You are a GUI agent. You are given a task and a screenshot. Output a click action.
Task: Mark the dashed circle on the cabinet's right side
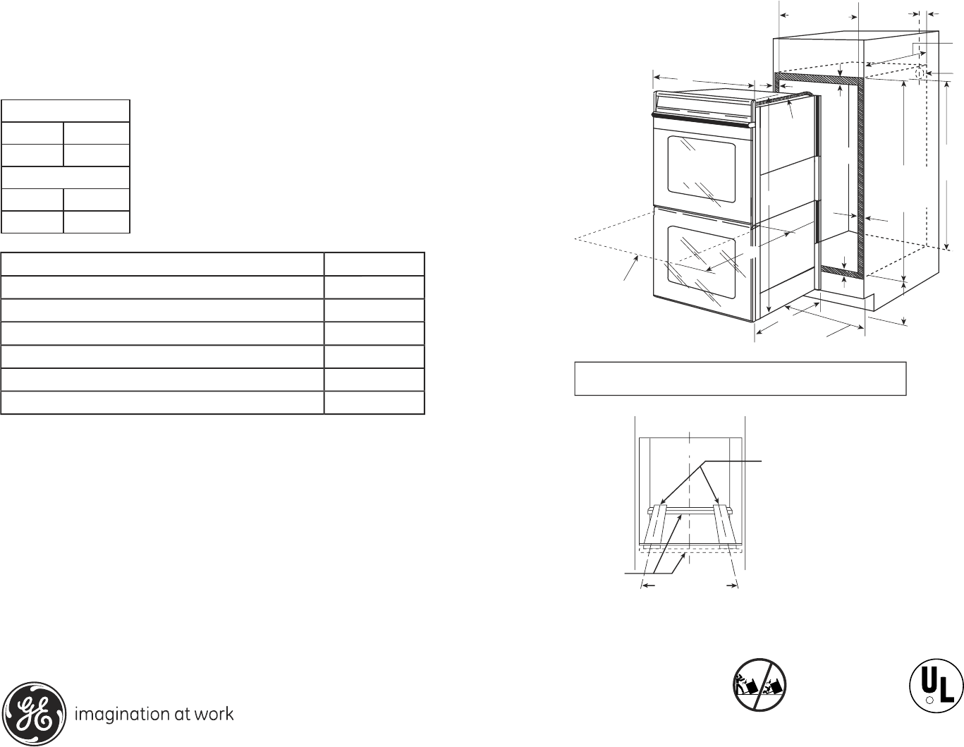click(x=920, y=73)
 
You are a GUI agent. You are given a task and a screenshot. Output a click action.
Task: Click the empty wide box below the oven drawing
click(x=740, y=379)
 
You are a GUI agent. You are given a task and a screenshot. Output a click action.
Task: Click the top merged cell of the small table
click(x=66, y=111)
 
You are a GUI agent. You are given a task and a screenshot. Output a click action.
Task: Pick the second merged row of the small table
click(x=66, y=177)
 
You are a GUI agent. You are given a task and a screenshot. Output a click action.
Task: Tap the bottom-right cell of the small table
click(x=97, y=221)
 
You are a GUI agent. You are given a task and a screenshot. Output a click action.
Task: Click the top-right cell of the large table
click(x=374, y=265)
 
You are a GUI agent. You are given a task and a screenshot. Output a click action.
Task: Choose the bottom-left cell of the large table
click(x=162, y=403)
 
